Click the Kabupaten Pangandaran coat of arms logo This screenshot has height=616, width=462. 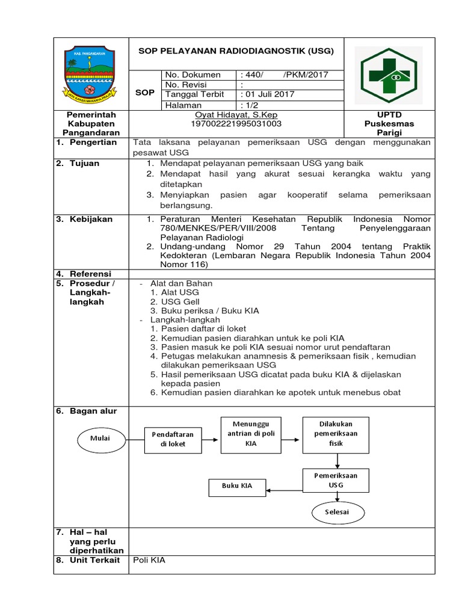click(91, 74)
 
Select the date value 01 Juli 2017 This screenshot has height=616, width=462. click(268, 94)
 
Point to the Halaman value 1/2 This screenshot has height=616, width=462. click(253, 105)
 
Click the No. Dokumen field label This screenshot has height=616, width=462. click(193, 75)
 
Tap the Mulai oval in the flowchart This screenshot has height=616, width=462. click(101, 439)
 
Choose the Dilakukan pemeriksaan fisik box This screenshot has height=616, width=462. click(335, 433)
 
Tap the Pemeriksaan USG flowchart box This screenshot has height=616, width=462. click(335, 479)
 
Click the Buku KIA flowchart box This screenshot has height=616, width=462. click(236, 486)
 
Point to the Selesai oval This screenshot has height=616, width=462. click(337, 513)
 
